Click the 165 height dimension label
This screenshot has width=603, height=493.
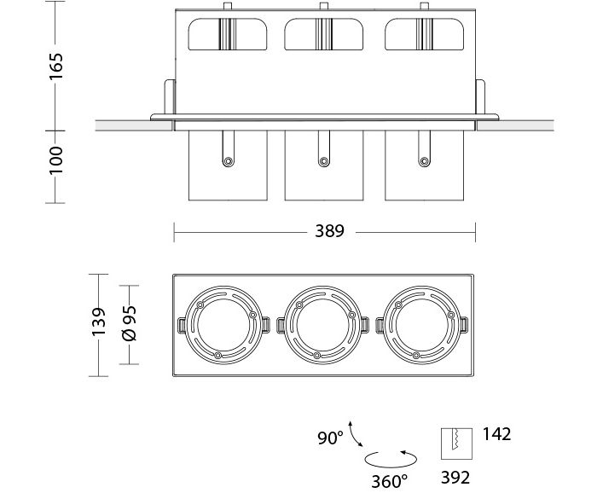[x=55, y=65]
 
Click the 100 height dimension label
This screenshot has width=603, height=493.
[x=55, y=159]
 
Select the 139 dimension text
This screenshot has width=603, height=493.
[x=99, y=323]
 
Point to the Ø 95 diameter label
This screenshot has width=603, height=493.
[x=130, y=324]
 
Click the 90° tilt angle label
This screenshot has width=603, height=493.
[x=329, y=438]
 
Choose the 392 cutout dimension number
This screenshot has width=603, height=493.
[x=455, y=476]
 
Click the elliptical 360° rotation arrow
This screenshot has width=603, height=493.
[x=391, y=459]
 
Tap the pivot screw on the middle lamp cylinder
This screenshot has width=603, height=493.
[x=322, y=160]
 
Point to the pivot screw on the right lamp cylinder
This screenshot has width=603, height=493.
[x=421, y=160]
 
